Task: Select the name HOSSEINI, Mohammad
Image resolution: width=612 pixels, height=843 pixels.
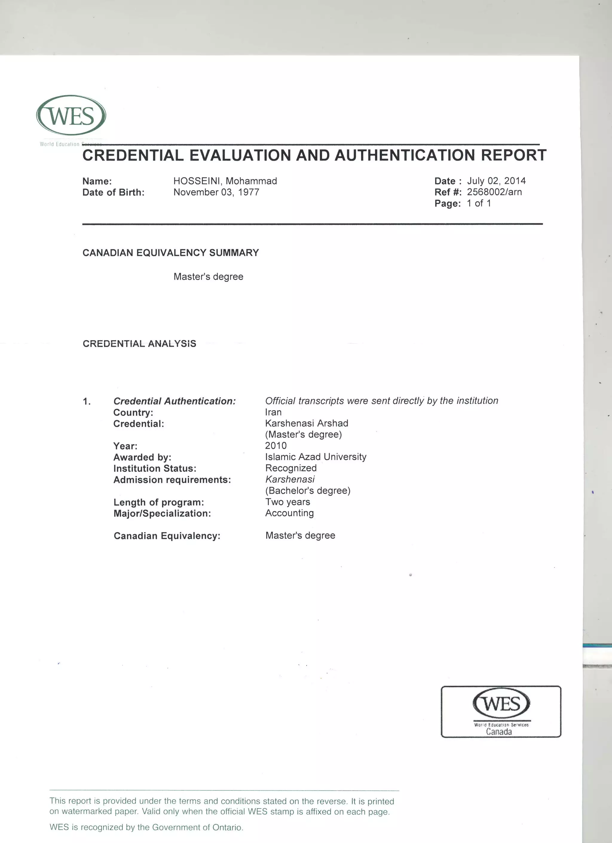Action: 225,181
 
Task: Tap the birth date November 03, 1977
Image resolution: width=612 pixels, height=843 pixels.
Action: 216,192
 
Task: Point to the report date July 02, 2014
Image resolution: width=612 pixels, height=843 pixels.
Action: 496,181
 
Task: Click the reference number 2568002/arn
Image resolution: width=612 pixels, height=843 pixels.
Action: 494,192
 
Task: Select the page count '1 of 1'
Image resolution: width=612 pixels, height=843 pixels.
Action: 479,203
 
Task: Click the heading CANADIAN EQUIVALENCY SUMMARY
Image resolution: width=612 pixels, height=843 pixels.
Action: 171,253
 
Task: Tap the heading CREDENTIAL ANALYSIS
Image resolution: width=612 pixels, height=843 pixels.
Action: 139,343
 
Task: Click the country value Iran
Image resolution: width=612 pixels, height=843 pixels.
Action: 273,412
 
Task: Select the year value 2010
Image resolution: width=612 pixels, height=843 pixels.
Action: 276,446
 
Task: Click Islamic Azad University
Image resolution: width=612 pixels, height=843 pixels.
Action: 316,457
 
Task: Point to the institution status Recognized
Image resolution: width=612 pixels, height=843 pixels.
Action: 290,468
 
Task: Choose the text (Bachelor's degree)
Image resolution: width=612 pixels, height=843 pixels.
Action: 308,491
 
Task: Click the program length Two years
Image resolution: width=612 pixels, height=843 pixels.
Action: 287,502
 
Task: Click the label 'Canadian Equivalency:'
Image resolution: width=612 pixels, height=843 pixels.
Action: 167,536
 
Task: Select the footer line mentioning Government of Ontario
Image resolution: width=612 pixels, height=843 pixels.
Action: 146,827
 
